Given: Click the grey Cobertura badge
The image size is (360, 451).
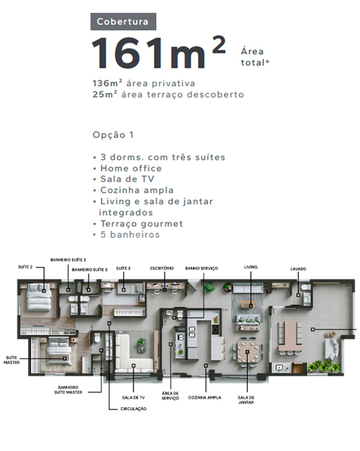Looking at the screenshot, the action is click(123, 22).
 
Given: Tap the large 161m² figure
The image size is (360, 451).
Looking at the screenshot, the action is click(158, 53).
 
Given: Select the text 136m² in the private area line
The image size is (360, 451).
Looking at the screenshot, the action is click(107, 83).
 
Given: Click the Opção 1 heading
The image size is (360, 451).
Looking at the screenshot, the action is click(113, 135).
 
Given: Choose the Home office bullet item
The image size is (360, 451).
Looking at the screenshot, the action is click(131, 169).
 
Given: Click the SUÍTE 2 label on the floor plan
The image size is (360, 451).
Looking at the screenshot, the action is click(25, 267).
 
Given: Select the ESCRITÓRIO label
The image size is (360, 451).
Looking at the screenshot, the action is click(162, 268).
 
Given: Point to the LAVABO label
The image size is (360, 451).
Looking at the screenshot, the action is click(298, 269).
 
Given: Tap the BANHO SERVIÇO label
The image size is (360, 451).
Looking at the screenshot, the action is click(202, 268).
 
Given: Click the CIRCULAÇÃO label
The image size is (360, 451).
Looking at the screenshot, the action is click(133, 408).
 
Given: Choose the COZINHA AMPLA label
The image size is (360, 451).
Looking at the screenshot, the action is click(204, 398).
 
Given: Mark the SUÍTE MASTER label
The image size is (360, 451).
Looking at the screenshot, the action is click(12, 360).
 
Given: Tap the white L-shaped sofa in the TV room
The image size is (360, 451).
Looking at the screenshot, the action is click(134, 352).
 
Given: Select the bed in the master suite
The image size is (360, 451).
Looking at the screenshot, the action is click(58, 351).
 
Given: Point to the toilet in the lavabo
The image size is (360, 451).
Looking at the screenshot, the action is click(306, 287).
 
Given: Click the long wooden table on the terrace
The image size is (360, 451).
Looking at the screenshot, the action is click(290, 336).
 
